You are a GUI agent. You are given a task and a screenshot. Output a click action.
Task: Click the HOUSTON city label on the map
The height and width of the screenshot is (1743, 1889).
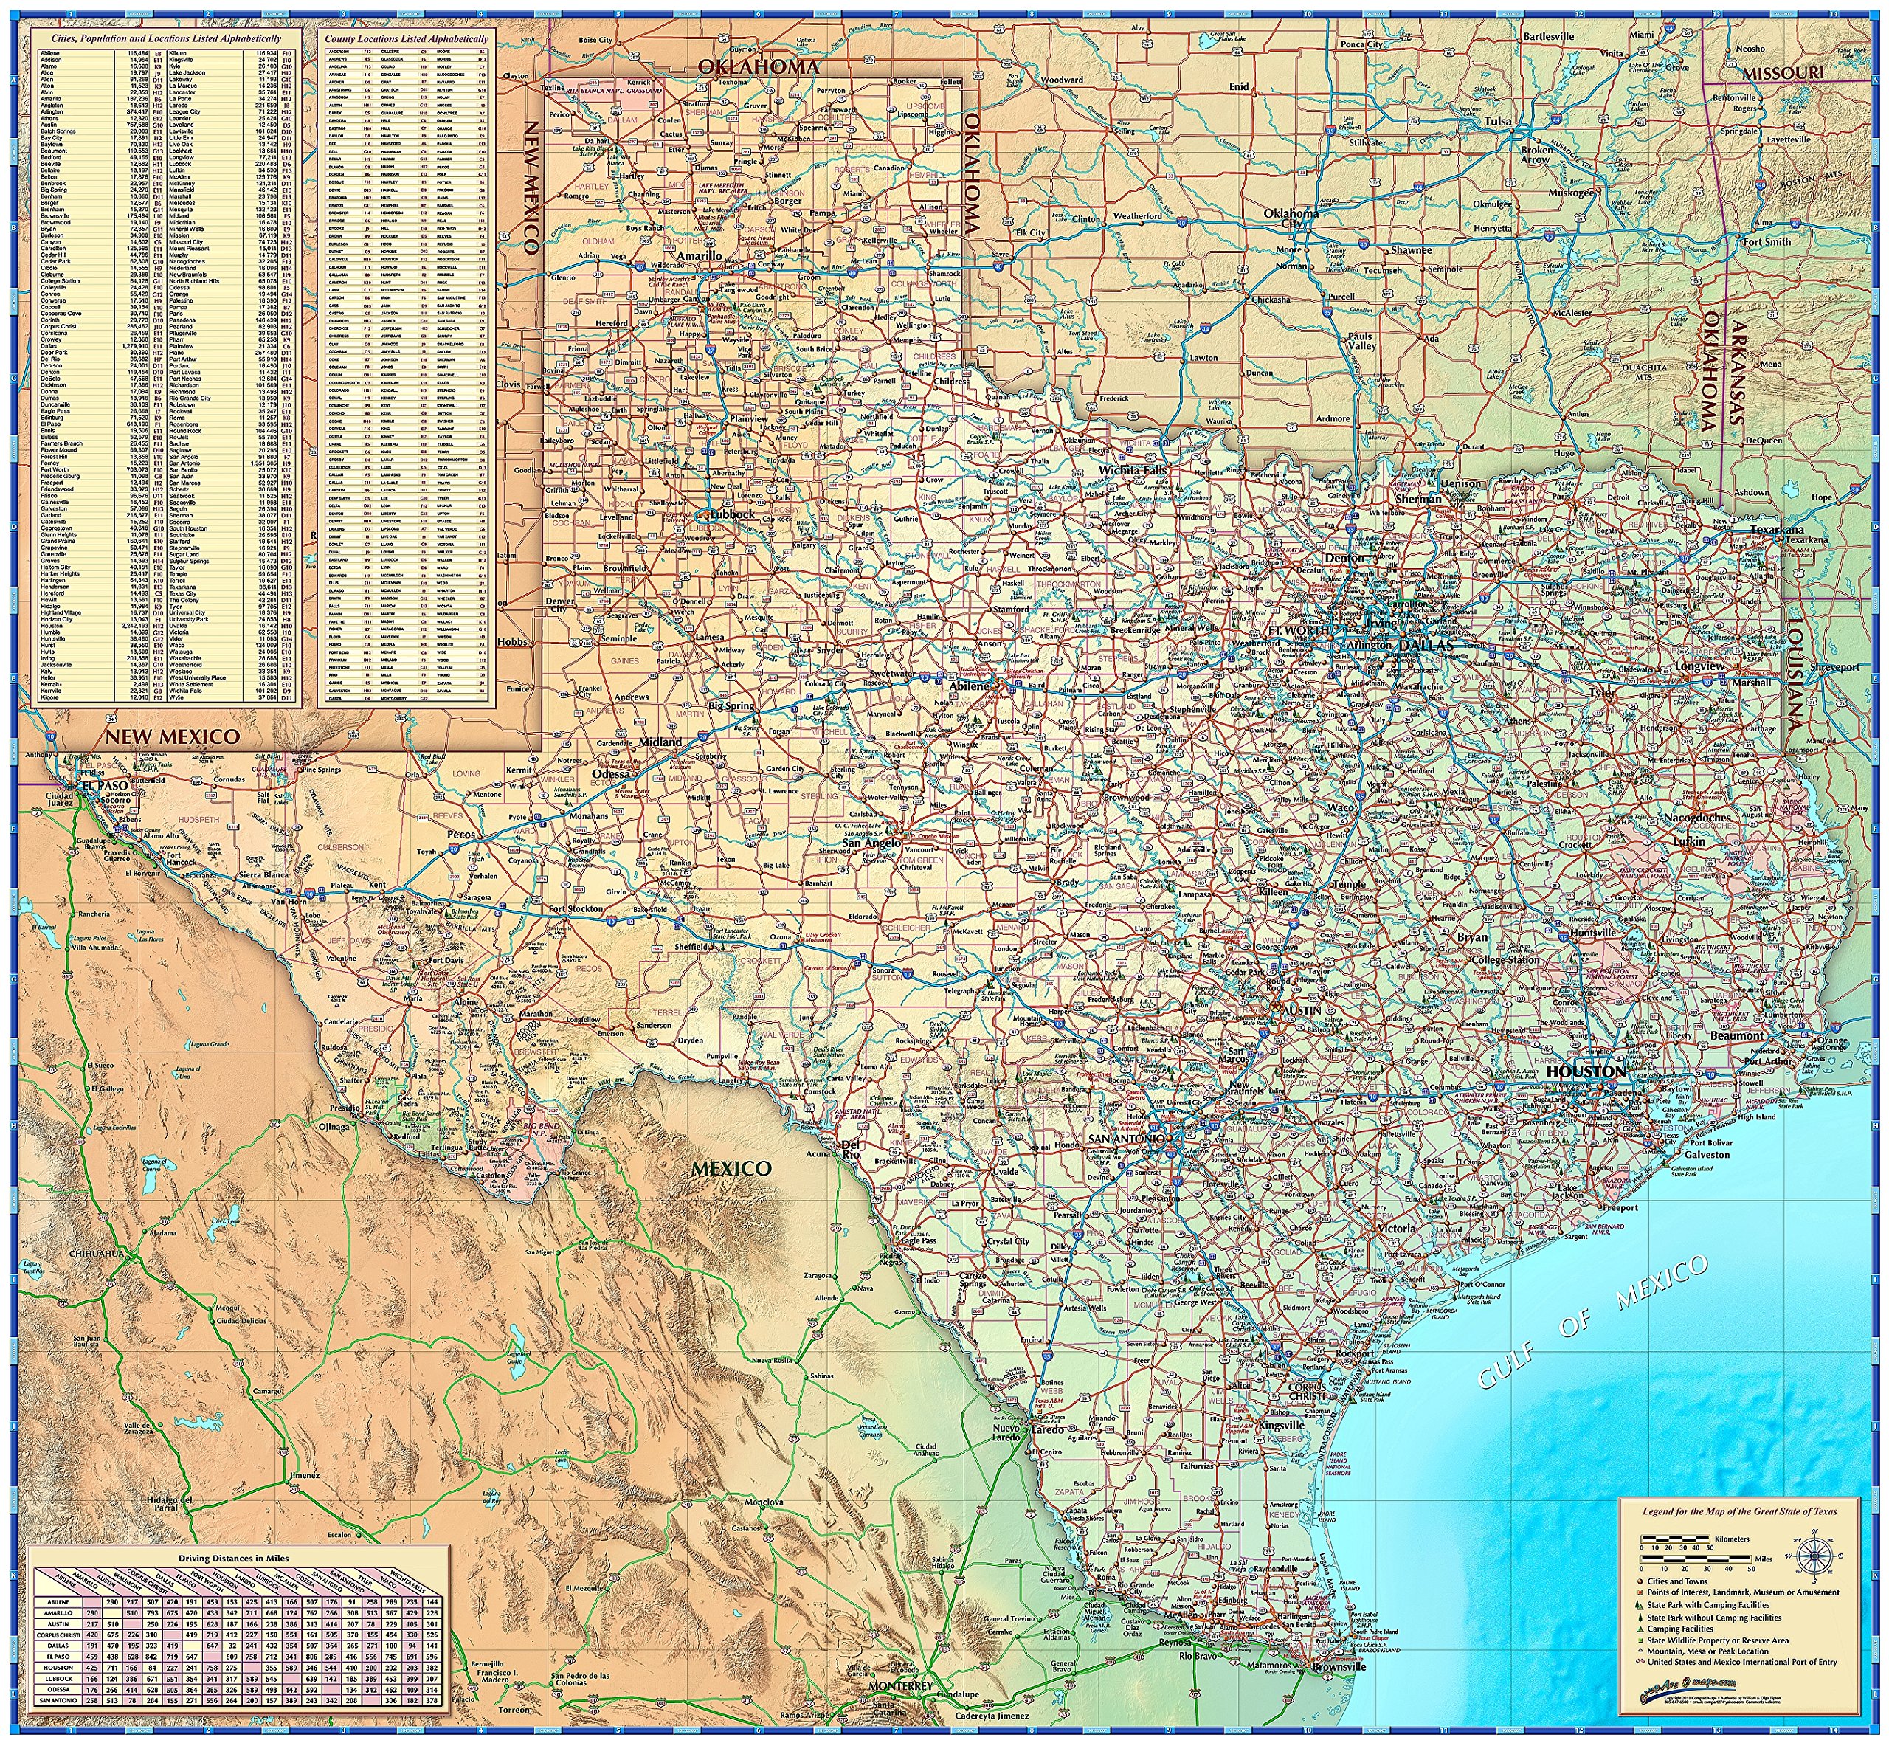point(1586,1072)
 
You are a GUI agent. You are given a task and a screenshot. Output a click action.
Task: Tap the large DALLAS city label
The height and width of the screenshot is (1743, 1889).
point(1427,645)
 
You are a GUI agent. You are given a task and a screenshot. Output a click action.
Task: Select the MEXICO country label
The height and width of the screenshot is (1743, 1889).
point(732,1167)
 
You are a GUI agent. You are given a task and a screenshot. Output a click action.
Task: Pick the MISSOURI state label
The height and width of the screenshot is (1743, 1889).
point(1783,72)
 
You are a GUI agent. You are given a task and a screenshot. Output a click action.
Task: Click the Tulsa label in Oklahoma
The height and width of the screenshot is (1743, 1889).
point(1496,121)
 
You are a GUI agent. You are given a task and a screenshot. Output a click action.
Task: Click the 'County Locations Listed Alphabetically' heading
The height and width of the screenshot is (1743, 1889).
point(407,38)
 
